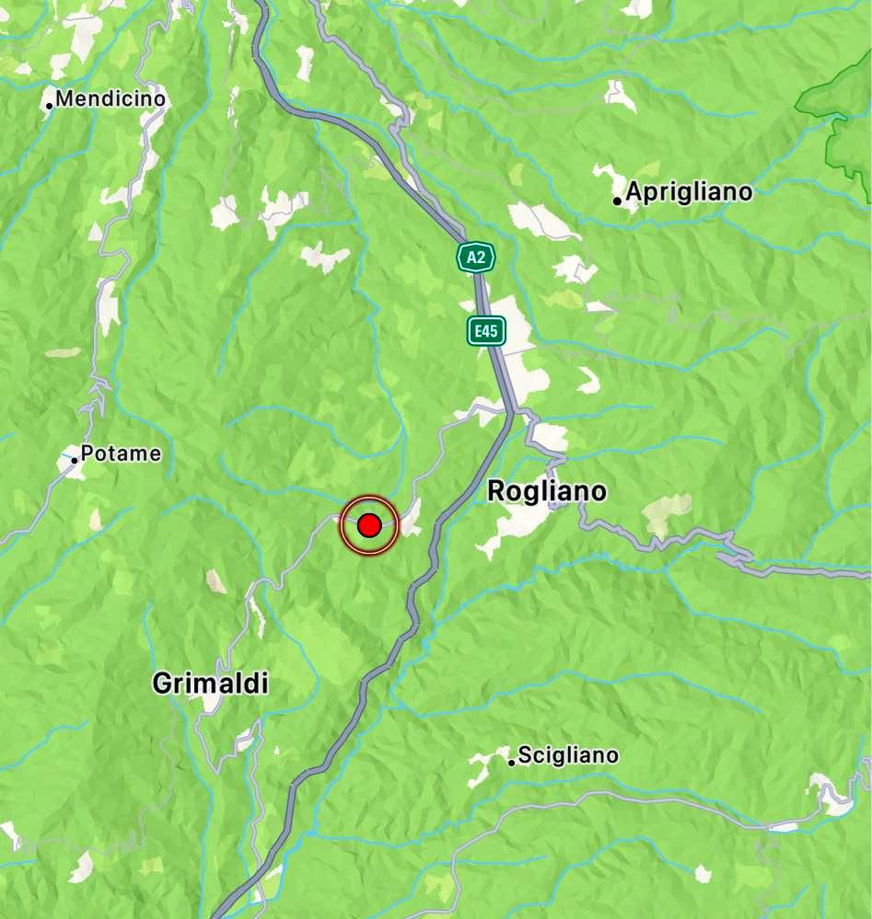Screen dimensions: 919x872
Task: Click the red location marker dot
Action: click(369, 525)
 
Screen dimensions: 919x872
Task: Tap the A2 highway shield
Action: click(476, 258)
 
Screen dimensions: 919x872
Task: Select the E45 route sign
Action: click(485, 331)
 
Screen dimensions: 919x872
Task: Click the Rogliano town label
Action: click(546, 492)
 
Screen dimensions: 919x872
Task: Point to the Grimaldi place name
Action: click(210, 684)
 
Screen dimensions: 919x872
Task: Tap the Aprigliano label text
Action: click(689, 192)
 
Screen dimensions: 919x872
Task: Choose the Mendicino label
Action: click(110, 98)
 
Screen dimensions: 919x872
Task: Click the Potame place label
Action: click(121, 454)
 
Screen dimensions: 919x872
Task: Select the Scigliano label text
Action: click(568, 756)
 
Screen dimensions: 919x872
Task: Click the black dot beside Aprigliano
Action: click(617, 200)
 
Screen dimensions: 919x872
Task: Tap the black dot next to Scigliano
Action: click(511, 762)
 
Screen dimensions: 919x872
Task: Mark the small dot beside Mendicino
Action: click(49, 105)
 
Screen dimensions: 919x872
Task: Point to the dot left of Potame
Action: click(74, 458)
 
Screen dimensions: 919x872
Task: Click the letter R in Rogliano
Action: click(496, 492)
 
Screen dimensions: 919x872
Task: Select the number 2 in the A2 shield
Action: click(482, 258)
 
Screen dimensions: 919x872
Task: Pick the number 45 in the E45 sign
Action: click(490, 331)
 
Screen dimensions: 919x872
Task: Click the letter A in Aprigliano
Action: click(634, 192)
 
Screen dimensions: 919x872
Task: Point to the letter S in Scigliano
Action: click(524, 756)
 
